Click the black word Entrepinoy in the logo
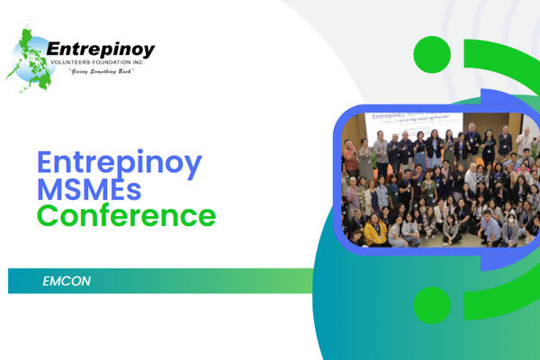(100, 49)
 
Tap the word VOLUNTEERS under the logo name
(68, 63)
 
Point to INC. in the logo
(144, 63)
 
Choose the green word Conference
(126, 217)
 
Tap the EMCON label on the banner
(67, 282)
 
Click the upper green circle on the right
(432, 55)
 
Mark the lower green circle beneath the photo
(431, 305)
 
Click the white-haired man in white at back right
(524, 139)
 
